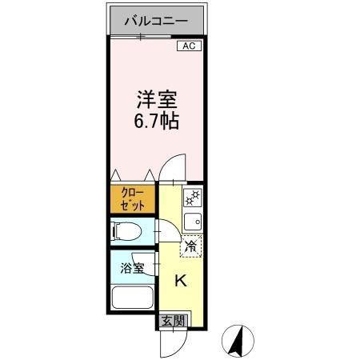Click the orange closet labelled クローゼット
[x=134, y=199]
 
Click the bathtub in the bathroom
[x=133, y=300]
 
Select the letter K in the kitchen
[x=181, y=281]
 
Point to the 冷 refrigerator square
[x=191, y=247]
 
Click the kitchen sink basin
[x=193, y=222]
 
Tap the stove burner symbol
[x=192, y=197]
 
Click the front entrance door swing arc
[x=170, y=344]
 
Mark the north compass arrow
[x=237, y=342]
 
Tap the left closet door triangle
[x=118, y=173]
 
